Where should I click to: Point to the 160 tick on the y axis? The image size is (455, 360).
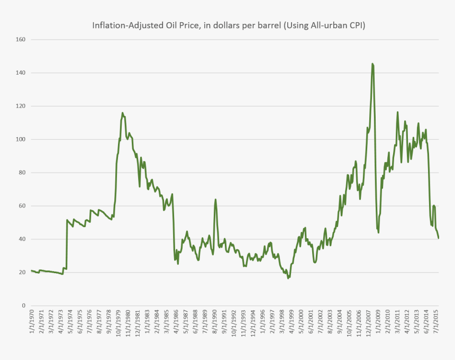(x=20, y=40)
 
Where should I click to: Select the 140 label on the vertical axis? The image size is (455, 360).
(x=20, y=73)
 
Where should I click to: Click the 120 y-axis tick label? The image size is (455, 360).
(x=20, y=106)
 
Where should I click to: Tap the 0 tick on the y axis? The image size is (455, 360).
(x=23, y=306)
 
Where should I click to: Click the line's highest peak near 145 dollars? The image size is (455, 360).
(x=372, y=64)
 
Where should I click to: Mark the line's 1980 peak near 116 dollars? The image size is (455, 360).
(x=122, y=113)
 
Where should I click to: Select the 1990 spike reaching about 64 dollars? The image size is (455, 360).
(x=215, y=200)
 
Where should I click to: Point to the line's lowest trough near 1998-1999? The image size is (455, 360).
(x=288, y=278)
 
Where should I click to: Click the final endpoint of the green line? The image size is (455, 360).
(x=439, y=238)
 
